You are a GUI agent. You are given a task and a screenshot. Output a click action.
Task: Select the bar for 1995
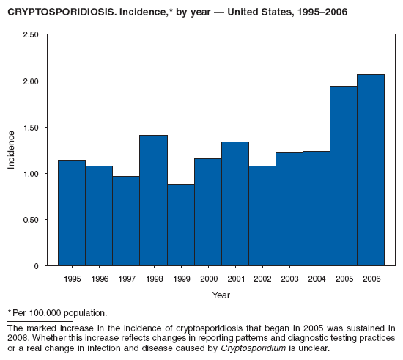(x=72, y=213)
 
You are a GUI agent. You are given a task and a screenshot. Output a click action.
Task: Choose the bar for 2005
(x=343, y=176)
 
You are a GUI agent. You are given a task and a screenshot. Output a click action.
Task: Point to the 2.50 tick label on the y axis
(x=30, y=35)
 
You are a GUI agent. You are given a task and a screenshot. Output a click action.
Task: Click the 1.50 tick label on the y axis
(x=30, y=128)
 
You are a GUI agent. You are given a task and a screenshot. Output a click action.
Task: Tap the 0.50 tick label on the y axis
(x=30, y=220)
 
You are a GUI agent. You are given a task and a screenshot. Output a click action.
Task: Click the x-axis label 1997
(x=126, y=279)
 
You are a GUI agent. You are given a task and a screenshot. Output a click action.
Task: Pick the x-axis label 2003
(x=289, y=279)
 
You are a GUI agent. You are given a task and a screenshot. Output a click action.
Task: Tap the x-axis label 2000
(x=207, y=279)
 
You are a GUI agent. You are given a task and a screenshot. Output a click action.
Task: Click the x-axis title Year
(x=221, y=295)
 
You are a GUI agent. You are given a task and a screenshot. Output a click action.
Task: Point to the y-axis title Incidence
(x=11, y=150)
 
